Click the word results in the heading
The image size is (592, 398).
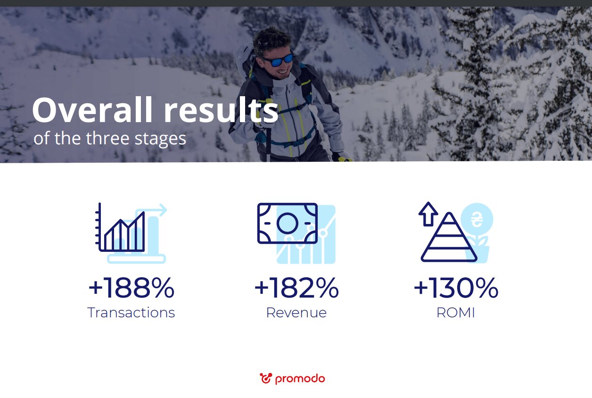point(221,109)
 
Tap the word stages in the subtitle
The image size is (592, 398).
point(160,139)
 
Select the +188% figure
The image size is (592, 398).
point(132,288)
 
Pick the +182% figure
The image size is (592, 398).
point(296,288)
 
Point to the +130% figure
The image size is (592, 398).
point(456,288)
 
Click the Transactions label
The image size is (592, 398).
point(131,313)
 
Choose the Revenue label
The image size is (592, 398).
point(296,313)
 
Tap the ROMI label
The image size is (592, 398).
point(456,313)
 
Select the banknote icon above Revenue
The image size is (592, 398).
point(287,223)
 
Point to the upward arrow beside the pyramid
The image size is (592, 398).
point(428,214)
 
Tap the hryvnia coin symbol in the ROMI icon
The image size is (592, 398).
point(477,219)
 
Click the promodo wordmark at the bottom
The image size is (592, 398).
point(300,379)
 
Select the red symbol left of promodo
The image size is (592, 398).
point(266,378)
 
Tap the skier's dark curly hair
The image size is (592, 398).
point(271,40)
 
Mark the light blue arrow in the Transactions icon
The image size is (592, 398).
point(151,210)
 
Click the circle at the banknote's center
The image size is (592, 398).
point(287,223)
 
